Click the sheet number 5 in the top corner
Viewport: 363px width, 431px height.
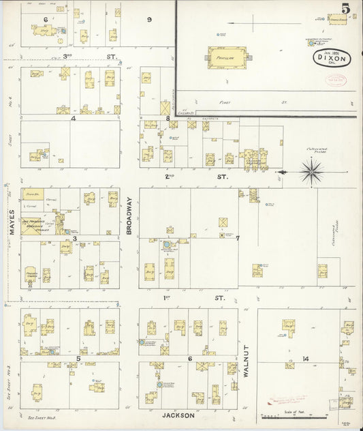(x=347, y=9)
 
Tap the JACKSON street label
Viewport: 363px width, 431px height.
(x=179, y=415)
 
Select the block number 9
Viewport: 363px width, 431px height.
(x=149, y=19)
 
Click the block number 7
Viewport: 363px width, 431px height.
(x=238, y=238)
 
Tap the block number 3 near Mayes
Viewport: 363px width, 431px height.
(x=84, y=238)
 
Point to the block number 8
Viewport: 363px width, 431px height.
(x=168, y=119)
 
